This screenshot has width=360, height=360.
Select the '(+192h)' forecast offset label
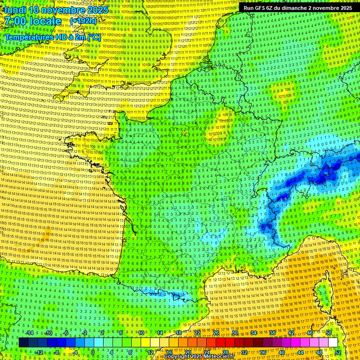click(x=83, y=21)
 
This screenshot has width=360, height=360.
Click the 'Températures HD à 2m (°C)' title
click(x=52, y=37)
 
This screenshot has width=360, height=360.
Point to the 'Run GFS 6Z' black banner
click(x=298, y=8)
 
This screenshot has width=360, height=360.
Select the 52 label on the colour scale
click(x=338, y=352)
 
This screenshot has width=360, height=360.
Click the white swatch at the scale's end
click(x=333, y=342)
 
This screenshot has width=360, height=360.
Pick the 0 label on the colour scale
click(x=93, y=352)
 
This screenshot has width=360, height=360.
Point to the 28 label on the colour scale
click(x=225, y=352)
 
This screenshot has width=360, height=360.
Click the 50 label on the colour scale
click(x=329, y=333)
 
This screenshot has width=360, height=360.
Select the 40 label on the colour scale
click(x=281, y=352)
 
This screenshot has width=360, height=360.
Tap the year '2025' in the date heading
click(x=96, y=9)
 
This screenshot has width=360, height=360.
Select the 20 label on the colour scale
click(x=187, y=352)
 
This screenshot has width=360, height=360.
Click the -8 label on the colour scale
click(x=57, y=352)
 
